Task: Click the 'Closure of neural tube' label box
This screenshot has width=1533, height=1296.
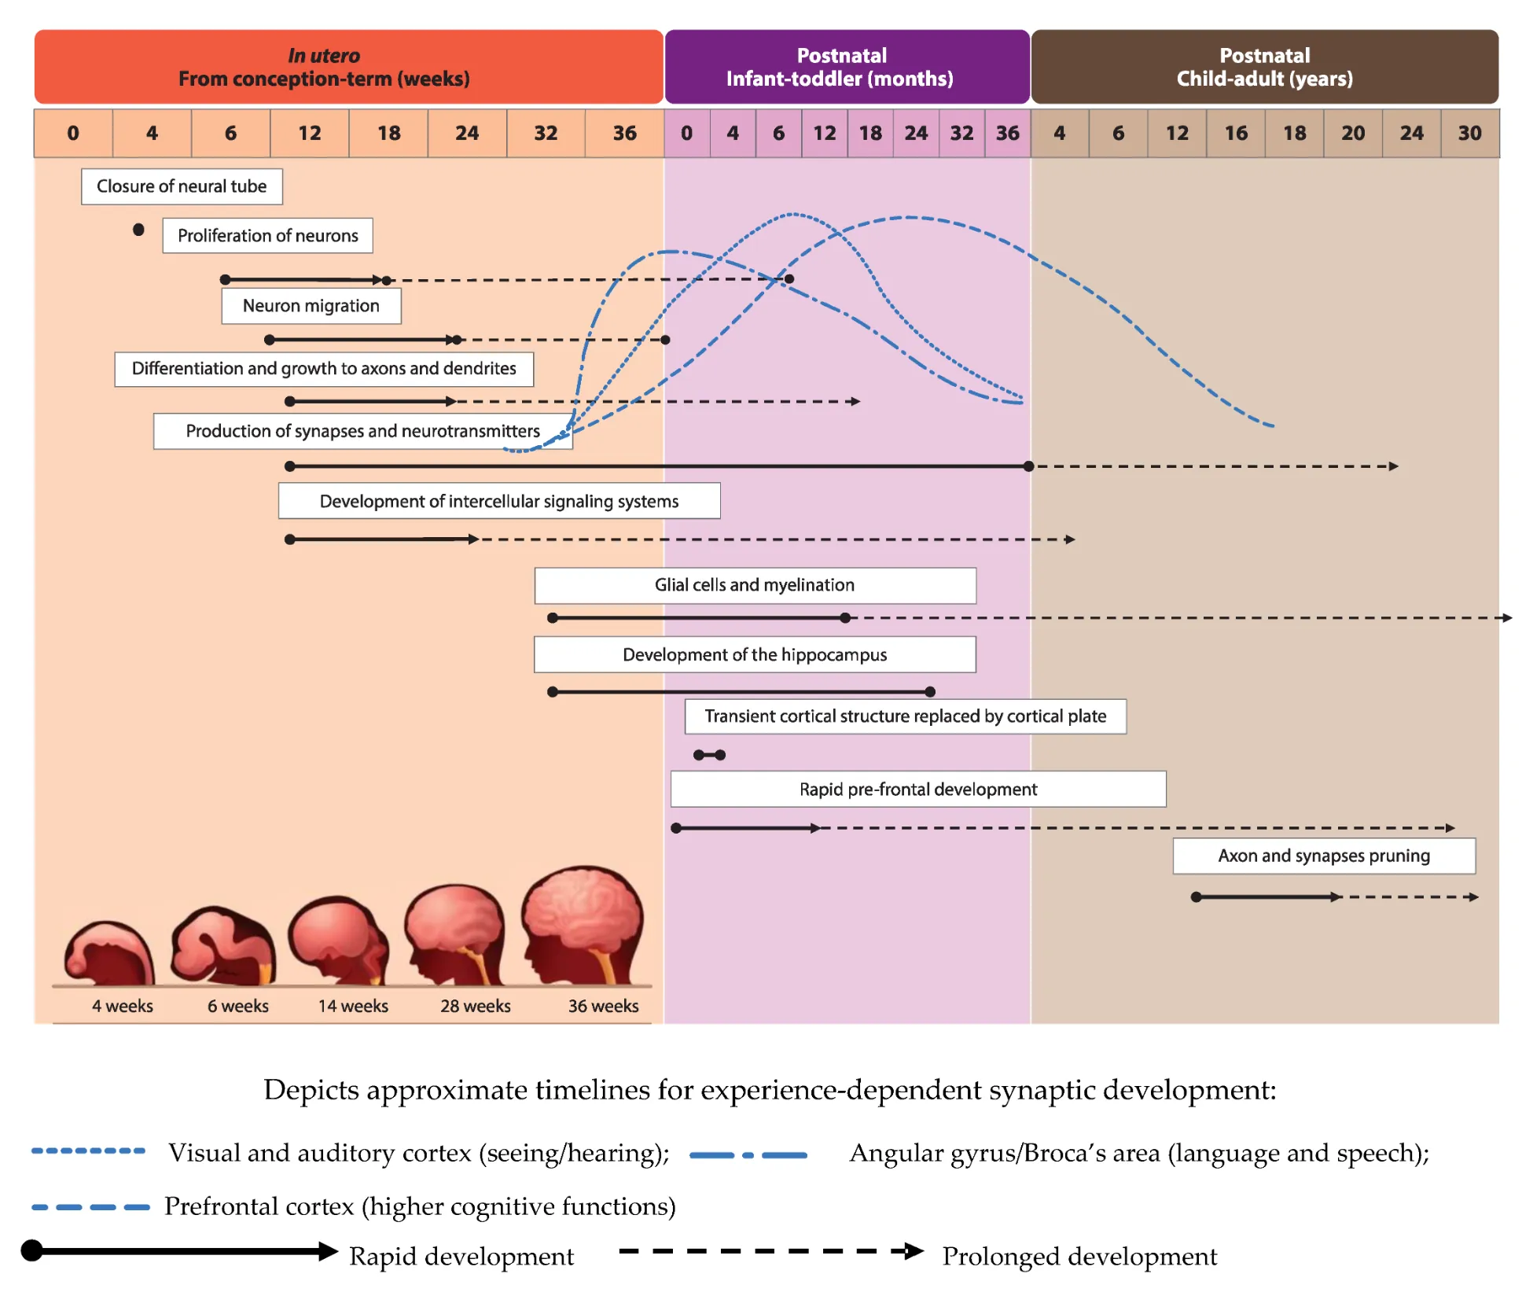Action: (182, 186)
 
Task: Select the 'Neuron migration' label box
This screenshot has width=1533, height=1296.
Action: (311, 306)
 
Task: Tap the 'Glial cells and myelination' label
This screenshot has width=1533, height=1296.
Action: (755, 585)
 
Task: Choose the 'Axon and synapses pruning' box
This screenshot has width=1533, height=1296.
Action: (1324, 856)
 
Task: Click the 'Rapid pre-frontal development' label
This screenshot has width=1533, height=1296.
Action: (918, 789)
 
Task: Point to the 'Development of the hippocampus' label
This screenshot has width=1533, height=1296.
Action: (755, 654)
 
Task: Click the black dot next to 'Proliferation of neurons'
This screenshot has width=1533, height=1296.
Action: (138, 230)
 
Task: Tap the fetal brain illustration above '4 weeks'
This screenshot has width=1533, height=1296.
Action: (110, 953)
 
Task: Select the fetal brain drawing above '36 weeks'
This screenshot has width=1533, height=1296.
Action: (583, 925)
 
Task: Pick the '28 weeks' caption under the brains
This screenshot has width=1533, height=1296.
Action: (475, 1006)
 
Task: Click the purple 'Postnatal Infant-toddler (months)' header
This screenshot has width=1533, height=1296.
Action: (847, 67)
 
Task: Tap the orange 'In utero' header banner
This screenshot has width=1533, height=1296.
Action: (348, 67)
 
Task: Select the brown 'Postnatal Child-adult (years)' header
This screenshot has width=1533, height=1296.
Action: (1264, 67)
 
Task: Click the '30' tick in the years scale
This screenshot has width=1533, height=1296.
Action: (1469, 133)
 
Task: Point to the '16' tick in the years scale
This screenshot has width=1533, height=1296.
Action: (1236, 133)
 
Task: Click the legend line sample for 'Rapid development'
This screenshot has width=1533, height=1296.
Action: (181, 1251)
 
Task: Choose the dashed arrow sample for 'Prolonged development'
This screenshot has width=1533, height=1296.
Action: (770, 1251)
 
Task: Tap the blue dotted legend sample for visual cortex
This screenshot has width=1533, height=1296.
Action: (88, 1151)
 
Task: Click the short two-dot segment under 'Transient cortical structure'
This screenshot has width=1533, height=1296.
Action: (709, 755)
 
